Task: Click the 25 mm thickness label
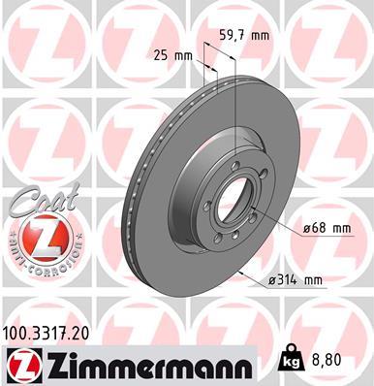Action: coord(171,55)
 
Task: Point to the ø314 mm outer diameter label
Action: coord(300,279)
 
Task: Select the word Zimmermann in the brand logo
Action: coord(145,365)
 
